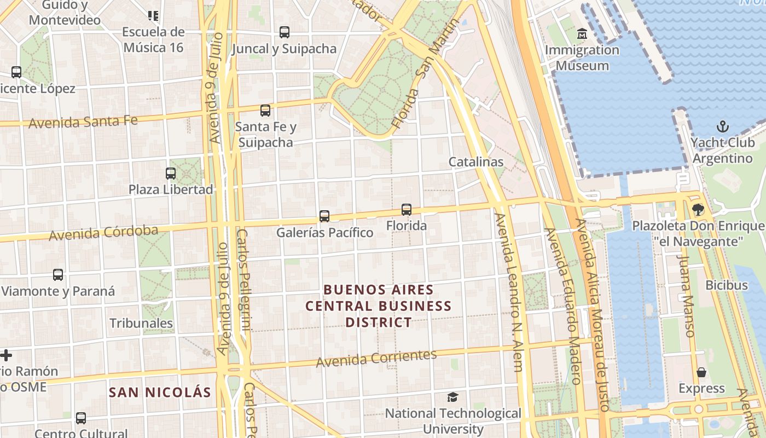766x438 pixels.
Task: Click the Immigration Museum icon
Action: tap(582, 34)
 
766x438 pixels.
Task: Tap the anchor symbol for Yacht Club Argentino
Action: tap(723, 127)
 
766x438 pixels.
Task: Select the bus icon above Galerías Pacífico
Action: tap(324, 216)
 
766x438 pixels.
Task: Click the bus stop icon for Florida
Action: tap(406, 209)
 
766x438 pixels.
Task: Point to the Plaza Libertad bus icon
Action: tap(171, 174)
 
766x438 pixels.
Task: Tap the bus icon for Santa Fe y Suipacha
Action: tap(265, 111)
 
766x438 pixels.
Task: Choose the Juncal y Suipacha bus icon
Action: tap(284, 32)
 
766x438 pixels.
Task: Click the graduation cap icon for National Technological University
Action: tap(452, 397)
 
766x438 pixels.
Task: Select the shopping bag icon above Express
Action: tap(701, 372)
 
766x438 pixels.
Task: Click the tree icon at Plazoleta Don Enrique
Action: tap(698, 209)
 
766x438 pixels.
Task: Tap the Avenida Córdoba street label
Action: tap(103, 233)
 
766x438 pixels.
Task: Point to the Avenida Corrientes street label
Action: tap(376, 359)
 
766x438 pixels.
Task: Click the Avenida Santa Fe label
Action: tap(83, 122)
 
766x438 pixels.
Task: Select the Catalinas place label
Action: tap(475, 162)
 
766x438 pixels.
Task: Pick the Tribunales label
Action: tap(141, 323)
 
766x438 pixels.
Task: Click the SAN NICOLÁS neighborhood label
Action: tap(160, 392)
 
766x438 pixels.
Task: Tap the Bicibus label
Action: tap(726, 285)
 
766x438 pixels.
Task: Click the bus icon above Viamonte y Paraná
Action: tap(58, 275)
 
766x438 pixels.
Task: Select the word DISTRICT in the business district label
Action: tap(378, 322)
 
